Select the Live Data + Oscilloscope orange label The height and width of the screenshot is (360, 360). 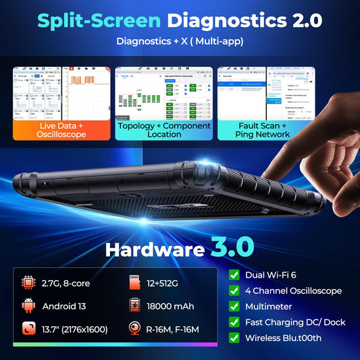click(61, 129)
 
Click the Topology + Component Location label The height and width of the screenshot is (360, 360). click(163, 129)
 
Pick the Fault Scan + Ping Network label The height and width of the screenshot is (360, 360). click(263, 129)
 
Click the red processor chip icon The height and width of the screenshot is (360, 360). click(28, 282)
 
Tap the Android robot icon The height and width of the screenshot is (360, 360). click(28, 306)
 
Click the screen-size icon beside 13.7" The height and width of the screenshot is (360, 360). click(28, 330)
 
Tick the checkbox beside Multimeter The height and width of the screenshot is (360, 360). click(234, 306)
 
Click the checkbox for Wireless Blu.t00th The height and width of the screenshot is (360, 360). click(234, 337)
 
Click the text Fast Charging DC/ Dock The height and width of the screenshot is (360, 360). click(295, 322)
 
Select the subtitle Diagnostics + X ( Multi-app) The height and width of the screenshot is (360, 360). click(180, 42)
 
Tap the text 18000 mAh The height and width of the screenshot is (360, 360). click(176, 306)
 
